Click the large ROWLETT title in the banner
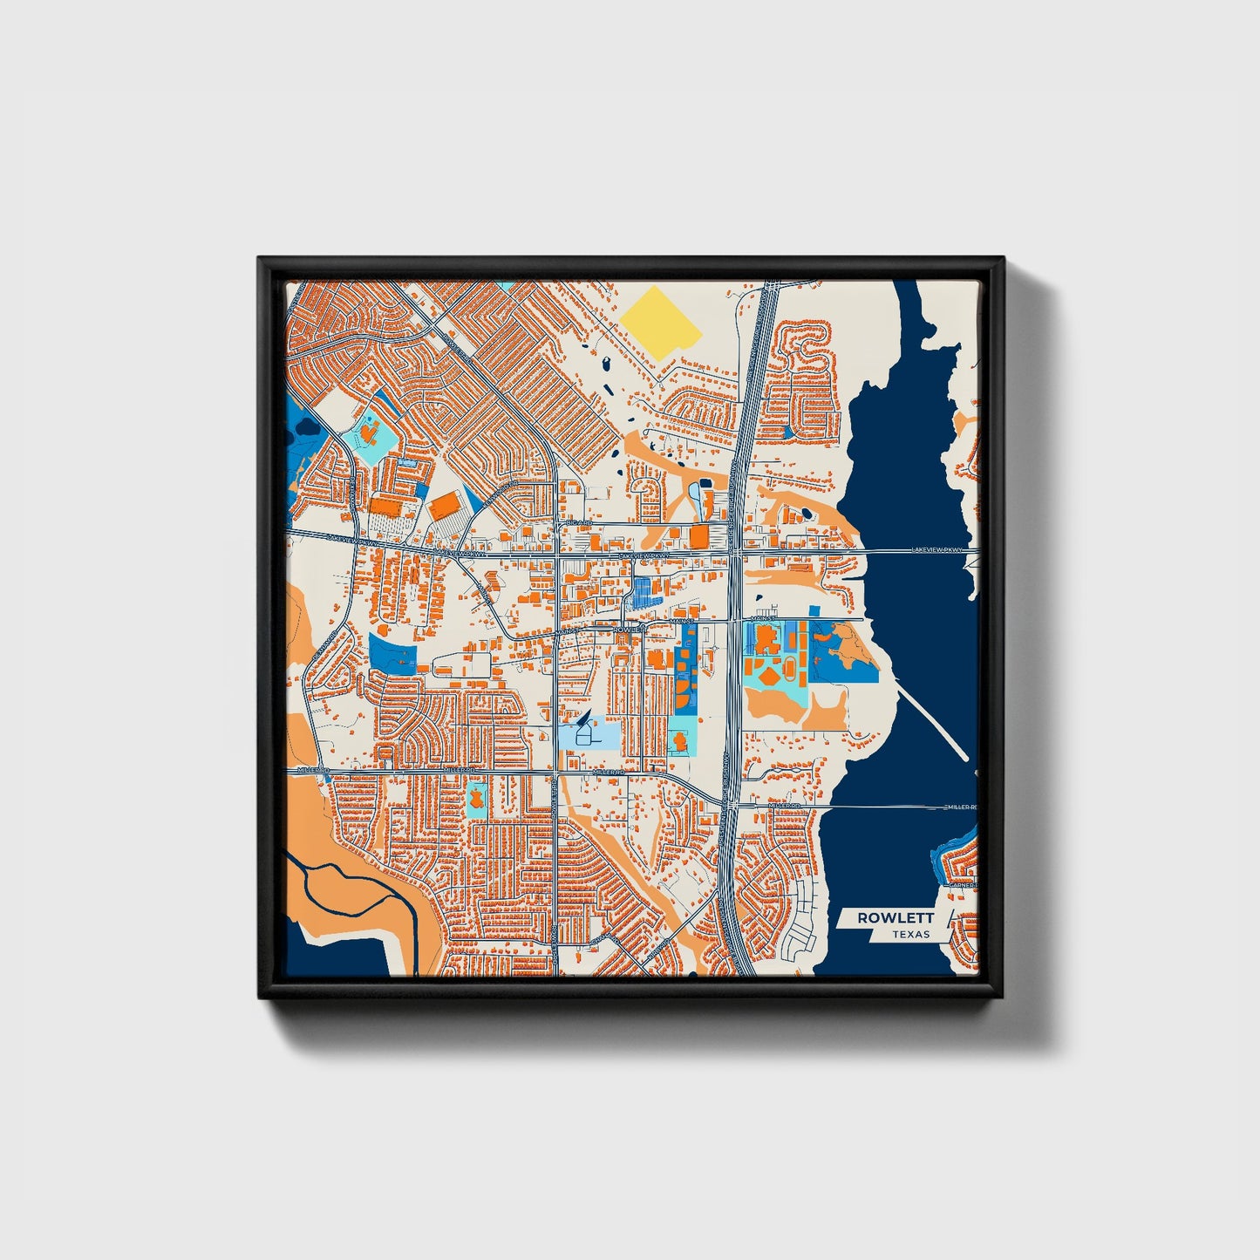[896, 917]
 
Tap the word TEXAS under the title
[910, 935]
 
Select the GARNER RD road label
[963, 886]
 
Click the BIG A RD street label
[578, 523]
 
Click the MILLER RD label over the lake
[959, 807]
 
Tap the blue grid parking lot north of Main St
[643, 592]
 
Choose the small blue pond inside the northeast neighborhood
[787, 432]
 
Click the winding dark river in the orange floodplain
[349, 881]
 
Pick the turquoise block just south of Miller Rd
[477, 799]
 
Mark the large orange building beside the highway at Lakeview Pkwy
[700, 535]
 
